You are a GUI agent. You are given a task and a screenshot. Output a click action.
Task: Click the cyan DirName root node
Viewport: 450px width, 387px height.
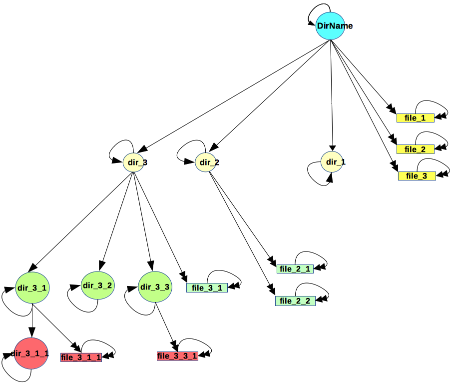coord(330,26)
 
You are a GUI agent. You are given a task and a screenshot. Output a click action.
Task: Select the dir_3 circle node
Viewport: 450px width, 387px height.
coord(133,162)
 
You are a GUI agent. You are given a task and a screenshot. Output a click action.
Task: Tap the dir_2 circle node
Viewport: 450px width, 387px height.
coord(205,162)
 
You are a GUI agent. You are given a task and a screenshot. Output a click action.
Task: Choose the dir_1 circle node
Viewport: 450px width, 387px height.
coord(332,161)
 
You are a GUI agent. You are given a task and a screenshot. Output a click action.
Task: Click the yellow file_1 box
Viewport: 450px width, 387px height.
coord(415,118)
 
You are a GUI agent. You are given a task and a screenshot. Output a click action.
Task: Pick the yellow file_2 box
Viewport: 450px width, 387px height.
coord(415,149)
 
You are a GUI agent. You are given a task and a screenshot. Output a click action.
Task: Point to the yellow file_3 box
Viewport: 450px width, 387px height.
coord(417,175)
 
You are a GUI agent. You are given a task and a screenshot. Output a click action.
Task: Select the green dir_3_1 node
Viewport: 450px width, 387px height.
coord(32,287)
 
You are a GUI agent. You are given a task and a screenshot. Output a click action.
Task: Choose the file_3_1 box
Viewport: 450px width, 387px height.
coord(207,287)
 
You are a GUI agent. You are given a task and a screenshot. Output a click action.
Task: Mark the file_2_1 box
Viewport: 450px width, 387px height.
coord(295,269)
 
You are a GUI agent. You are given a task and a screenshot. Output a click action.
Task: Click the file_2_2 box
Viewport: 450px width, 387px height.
coord(295,300)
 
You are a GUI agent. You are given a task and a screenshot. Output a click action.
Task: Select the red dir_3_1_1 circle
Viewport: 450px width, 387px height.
coord(31,353)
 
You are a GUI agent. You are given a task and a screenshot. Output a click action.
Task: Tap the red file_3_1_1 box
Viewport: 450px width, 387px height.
coord(81,357)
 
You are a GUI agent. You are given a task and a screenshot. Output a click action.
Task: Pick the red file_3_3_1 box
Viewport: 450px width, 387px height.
coord(177,356)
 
